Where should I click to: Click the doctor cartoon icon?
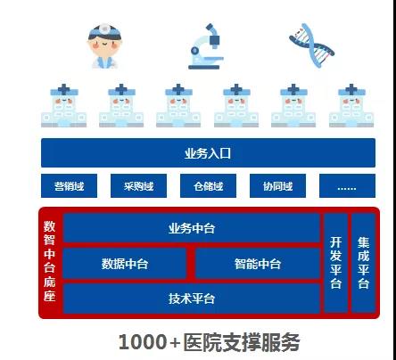pos(104,46)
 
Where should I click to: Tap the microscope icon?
pos(206,46)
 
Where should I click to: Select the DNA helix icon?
pos(311,45)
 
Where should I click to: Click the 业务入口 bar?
pos(208,152)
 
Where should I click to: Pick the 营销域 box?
pos(69,186)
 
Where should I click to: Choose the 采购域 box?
pos(138,186)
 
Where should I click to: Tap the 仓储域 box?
pos(208,186)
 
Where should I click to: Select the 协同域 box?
pos(277,186)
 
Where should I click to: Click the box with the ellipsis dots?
pos(347,186)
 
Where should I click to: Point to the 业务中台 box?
pos(192,228)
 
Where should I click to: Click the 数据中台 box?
pos(125,264)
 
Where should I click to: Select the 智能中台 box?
pos(258,264)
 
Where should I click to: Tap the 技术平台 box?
pos(192,299)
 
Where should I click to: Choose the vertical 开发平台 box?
pos(336,263)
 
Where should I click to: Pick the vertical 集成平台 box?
pos(363,263)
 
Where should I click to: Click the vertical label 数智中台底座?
pos(49,261)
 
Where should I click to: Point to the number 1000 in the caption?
pos(142,342)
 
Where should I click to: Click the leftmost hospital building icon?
pos(63,106)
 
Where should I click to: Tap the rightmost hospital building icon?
pos(351,106)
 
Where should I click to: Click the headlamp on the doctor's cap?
pos(104,29)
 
